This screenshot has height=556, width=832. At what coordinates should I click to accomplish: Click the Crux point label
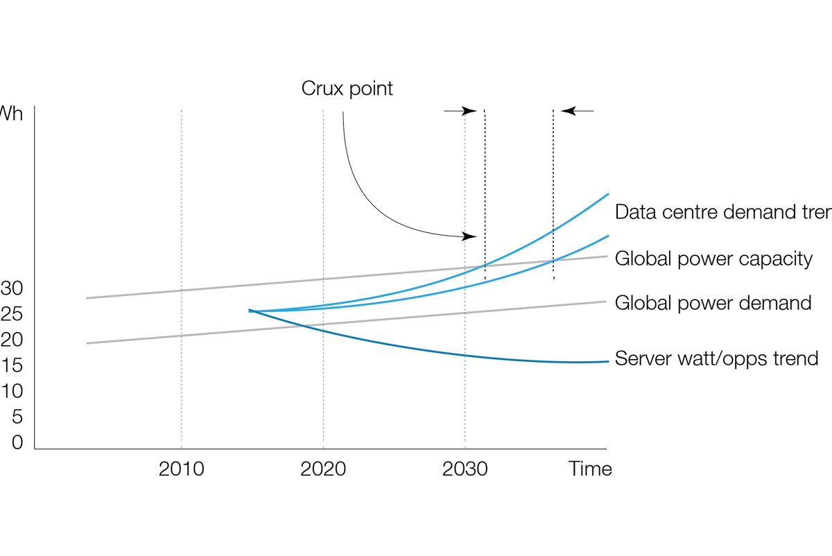tap(347, 89)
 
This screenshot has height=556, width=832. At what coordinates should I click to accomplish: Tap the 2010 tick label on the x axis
tap(181, 469)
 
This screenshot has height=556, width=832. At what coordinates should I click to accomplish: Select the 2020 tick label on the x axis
tap(323, 469)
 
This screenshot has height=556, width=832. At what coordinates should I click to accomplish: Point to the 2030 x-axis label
tap(465, 469)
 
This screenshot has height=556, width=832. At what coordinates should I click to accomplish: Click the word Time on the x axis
tap(591, 469)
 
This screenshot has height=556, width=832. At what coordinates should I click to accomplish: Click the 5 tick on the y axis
tap(17, 417)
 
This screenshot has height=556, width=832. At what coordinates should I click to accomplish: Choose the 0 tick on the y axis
tap(17, 442)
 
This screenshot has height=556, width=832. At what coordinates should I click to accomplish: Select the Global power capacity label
tap(713, 259)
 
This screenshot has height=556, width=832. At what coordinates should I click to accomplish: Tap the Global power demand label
tap(713, 303)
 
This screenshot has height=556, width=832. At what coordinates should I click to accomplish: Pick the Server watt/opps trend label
tap(717, 358)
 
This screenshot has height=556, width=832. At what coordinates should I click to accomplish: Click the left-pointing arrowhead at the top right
tap(566, 110)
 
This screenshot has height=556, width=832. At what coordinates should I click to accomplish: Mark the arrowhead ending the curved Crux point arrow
tap(471, 237)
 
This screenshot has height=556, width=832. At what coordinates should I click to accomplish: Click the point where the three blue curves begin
tap(250, 311)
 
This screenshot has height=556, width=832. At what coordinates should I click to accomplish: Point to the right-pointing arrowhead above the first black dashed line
tap(470, 110)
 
